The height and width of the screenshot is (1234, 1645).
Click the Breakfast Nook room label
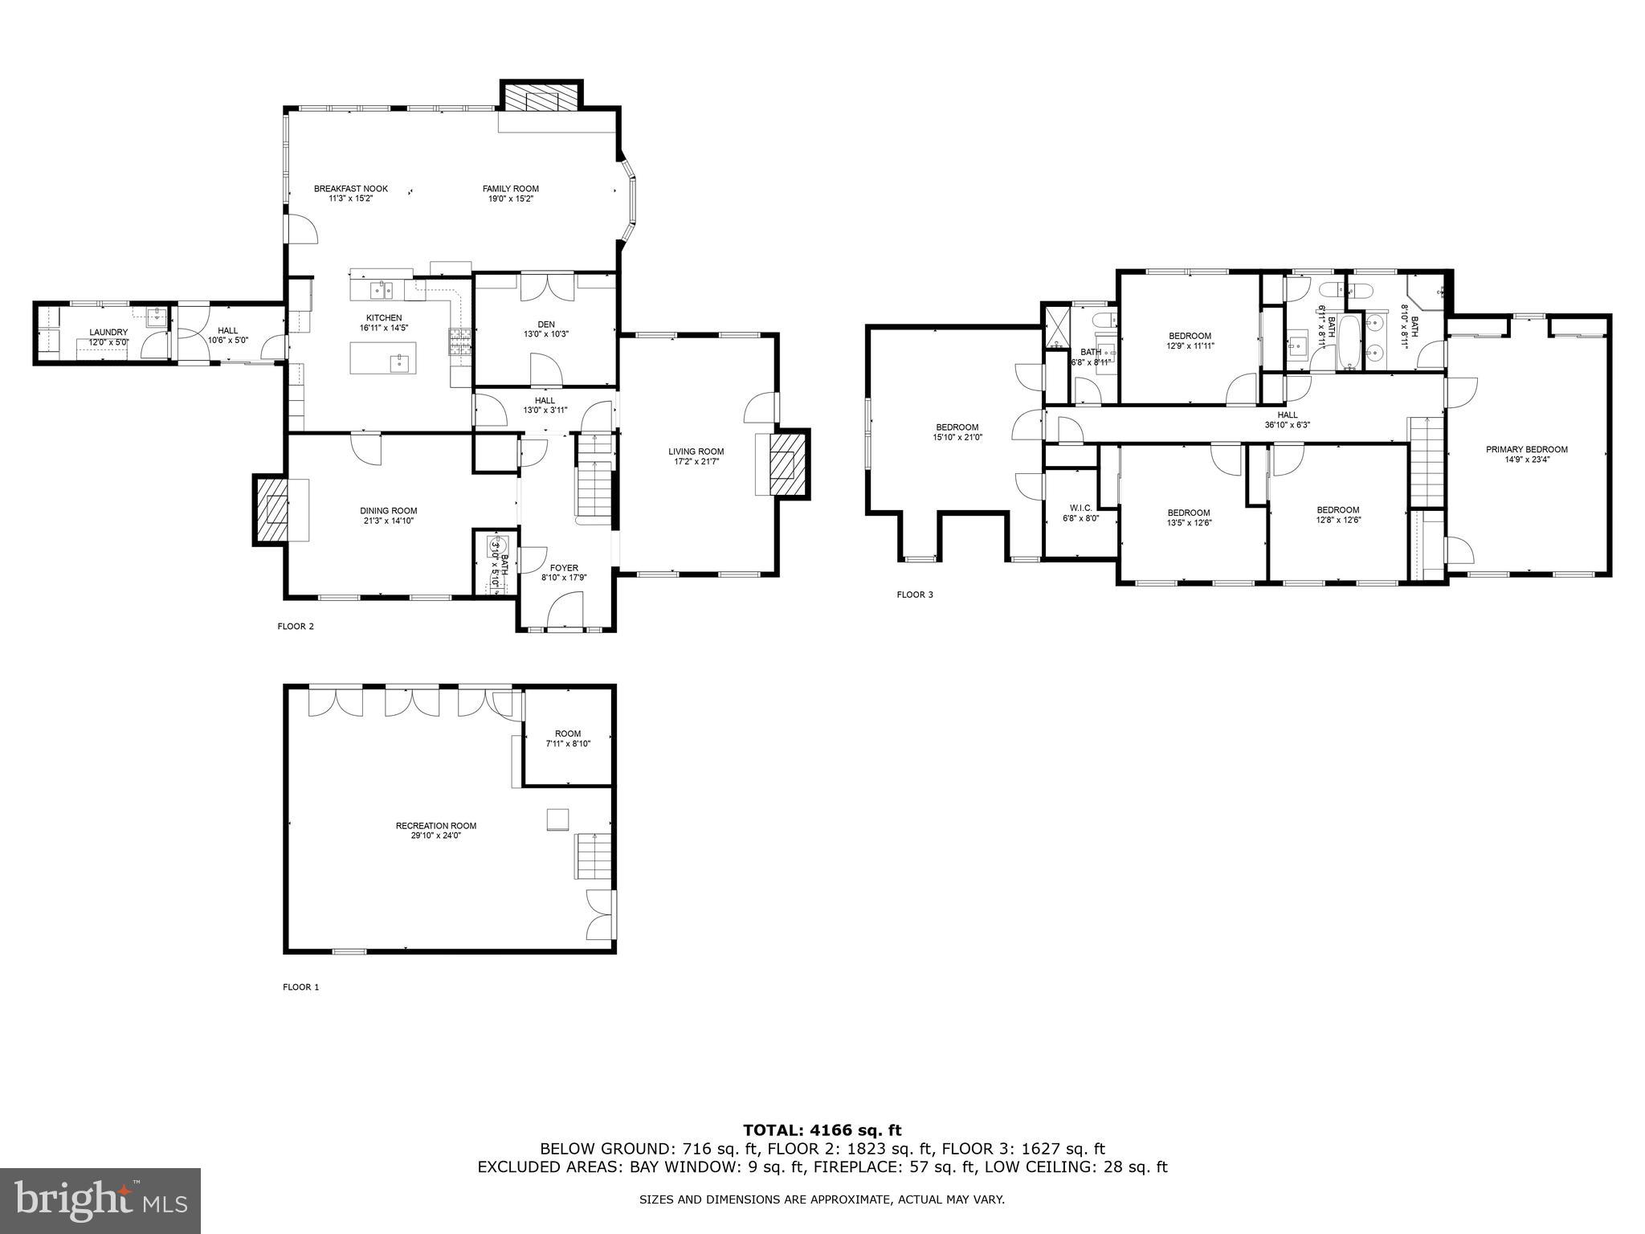click(x=350, y=189)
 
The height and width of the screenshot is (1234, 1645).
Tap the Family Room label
click(x=510, y=189)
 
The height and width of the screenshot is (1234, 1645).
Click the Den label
click(x=546, y=325)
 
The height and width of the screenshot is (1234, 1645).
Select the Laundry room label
click(x=108, y=332)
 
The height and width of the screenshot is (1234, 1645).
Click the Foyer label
click(x=564, y=568)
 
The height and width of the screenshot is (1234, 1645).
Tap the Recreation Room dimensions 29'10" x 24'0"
click(x=435, y=836)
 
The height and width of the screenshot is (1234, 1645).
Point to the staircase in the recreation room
click(x=593, y=856)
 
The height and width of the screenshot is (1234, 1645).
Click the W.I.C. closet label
click(x=1080, y=508)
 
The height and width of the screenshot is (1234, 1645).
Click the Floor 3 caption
click(x=914, y=595)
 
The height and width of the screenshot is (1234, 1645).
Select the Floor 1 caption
click(x=300, y=987)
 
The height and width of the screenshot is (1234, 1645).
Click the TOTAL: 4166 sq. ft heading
click(x=822, y=1130)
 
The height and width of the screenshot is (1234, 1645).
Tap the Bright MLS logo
click(x=100, y=1201)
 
